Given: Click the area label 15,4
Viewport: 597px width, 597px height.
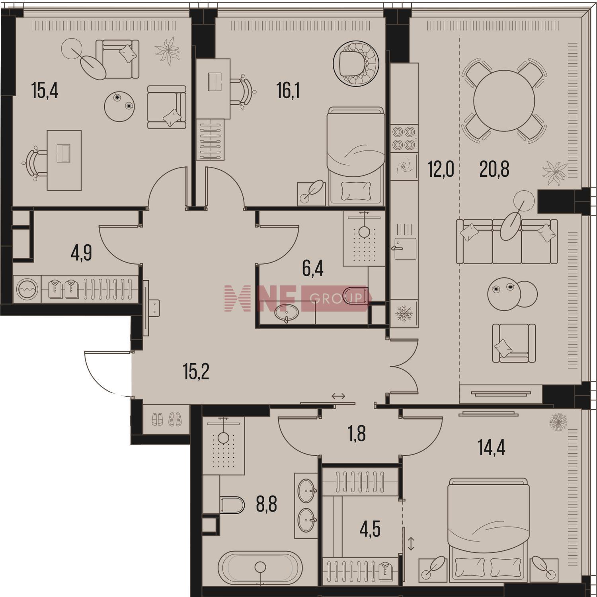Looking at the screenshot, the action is (45, 91).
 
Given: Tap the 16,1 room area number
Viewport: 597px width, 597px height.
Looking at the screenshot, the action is (288, 91).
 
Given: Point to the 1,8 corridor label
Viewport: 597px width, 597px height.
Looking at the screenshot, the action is (357, 434).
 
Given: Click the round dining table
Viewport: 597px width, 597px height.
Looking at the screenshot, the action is (504, 101).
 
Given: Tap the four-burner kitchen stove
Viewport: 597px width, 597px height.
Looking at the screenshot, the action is (404, 138).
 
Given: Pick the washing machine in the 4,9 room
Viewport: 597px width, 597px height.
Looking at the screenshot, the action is (27, 289).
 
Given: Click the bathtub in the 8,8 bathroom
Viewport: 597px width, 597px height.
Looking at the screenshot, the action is (260, 568).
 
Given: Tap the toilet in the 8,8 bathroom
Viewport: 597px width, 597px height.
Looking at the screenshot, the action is (232, 505).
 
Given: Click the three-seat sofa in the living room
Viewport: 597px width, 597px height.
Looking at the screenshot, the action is (506, 241).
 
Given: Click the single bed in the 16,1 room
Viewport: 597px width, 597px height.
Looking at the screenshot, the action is (356, 156).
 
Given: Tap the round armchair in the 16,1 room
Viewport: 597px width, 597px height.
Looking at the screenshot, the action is (355, 64).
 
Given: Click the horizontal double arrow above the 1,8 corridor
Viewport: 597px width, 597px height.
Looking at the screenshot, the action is (338, 396).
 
